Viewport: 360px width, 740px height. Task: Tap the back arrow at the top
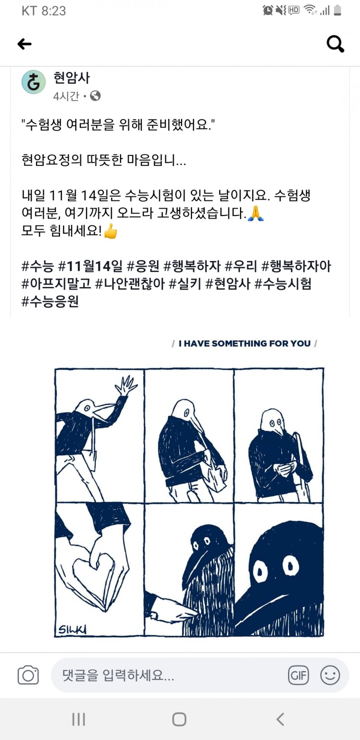24,44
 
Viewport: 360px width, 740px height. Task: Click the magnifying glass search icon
335,44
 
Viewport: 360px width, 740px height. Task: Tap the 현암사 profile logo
34,82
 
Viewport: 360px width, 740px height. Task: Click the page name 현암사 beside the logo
72,78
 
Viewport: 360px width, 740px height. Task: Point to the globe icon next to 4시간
95,96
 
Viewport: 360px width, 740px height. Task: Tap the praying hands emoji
255,213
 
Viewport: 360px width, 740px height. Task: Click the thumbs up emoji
111,230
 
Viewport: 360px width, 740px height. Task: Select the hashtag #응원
143,265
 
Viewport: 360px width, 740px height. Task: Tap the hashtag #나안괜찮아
130,284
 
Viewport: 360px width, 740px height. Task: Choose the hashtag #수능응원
50,301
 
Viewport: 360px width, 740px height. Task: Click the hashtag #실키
185,284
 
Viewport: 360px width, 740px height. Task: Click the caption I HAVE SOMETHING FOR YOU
245,344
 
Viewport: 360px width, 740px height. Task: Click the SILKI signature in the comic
72,629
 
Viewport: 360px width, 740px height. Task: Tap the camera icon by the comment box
28,675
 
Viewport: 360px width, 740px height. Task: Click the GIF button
299,675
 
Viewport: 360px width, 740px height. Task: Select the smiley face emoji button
330,675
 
